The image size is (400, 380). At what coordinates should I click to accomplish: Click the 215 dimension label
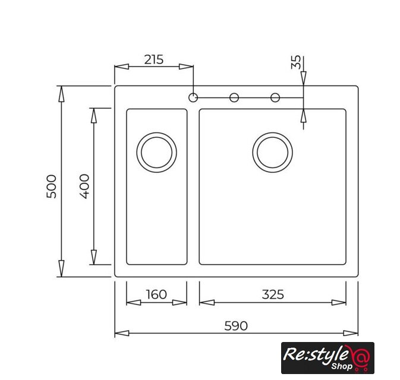point(153,60)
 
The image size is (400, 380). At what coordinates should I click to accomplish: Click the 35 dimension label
point(296,62)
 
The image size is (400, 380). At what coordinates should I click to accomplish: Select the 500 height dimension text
point(51,186)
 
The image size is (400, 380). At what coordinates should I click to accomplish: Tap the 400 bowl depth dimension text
point(84,186)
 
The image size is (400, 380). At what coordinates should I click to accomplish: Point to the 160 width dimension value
point(156,294)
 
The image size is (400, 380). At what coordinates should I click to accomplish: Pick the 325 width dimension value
point(273,294)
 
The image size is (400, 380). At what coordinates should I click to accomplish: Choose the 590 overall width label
point(236,326)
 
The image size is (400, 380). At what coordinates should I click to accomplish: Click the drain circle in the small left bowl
point(157,133)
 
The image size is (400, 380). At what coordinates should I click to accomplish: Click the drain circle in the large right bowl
point(273,133)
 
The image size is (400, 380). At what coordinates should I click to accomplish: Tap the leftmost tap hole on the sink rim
point(193,93)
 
